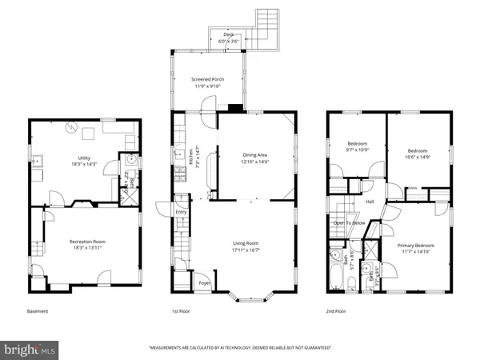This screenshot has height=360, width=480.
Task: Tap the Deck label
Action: pyautogui.click(x=229, y=35)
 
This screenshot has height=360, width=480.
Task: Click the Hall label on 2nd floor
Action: pyautogui.click(x=370, y=202)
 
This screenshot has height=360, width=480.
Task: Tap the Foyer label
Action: pyautogui.click(x=206, y=283)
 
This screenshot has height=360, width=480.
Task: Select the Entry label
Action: pyautogui.click(x=182, y=212)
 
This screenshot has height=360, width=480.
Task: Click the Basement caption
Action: pyautogui.click(x=38, y=310)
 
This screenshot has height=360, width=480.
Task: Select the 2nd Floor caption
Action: pyautogui.click(x=336, y=310)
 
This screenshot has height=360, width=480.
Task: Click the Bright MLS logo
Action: pyautogui.click(x=30, y=350)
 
